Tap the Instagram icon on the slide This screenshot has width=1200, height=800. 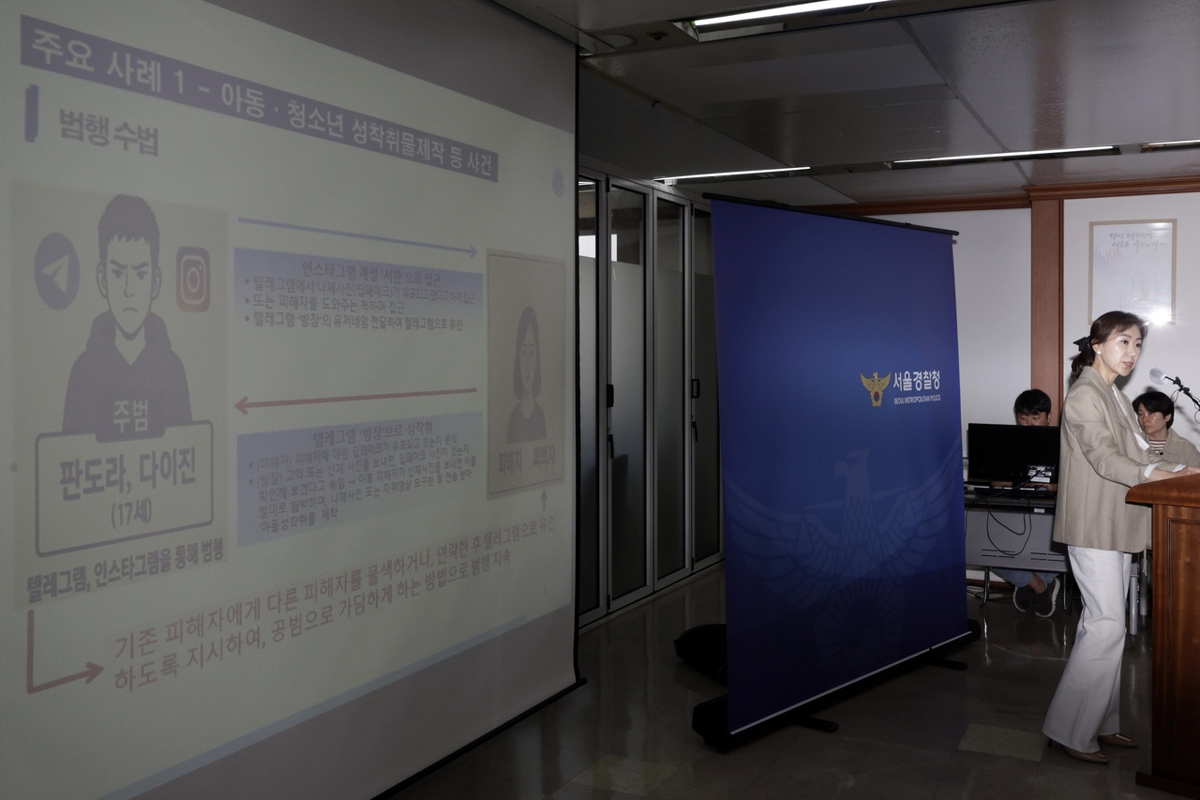[193, 279]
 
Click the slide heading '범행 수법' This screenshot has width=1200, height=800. [108, 131]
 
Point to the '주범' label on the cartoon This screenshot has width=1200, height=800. [130, 419]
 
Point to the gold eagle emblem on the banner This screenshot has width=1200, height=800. [875, 387]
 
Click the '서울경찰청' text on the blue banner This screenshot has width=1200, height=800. [915, 381]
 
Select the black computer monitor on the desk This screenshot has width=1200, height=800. [1012, 455]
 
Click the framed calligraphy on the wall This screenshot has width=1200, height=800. [1132, 270]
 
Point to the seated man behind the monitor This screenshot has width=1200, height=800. [1032, 409]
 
